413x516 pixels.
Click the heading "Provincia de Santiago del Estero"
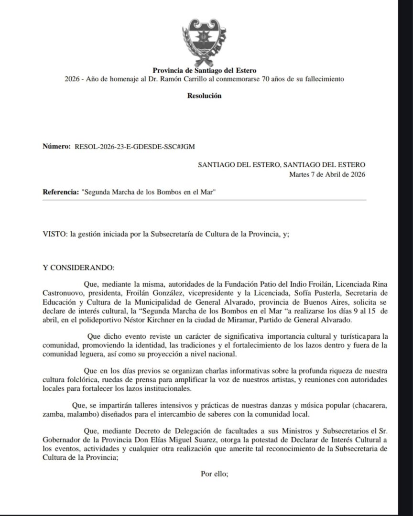pos(204,71)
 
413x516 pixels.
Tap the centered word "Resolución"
pos(205,96)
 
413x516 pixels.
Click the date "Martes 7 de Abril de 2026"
pos(327,174)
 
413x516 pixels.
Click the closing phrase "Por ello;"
pos(216,474)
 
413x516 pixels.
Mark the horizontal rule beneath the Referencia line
pos(204,200)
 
